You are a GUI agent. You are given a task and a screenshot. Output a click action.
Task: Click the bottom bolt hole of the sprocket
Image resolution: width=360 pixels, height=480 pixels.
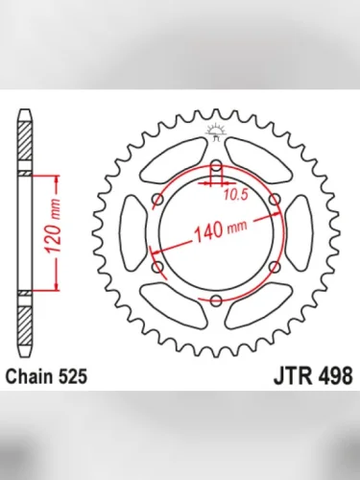point(216,301)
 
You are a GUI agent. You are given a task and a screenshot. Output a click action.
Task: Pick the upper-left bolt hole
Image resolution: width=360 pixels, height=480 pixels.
point(157,200)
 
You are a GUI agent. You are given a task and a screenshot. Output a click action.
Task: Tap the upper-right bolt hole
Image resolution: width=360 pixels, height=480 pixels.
point(276,200)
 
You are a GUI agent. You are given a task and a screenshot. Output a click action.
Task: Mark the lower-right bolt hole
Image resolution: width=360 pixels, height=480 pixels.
point(276,268)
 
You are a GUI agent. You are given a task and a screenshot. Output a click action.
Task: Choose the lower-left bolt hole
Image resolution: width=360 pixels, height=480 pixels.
point(157,268)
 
